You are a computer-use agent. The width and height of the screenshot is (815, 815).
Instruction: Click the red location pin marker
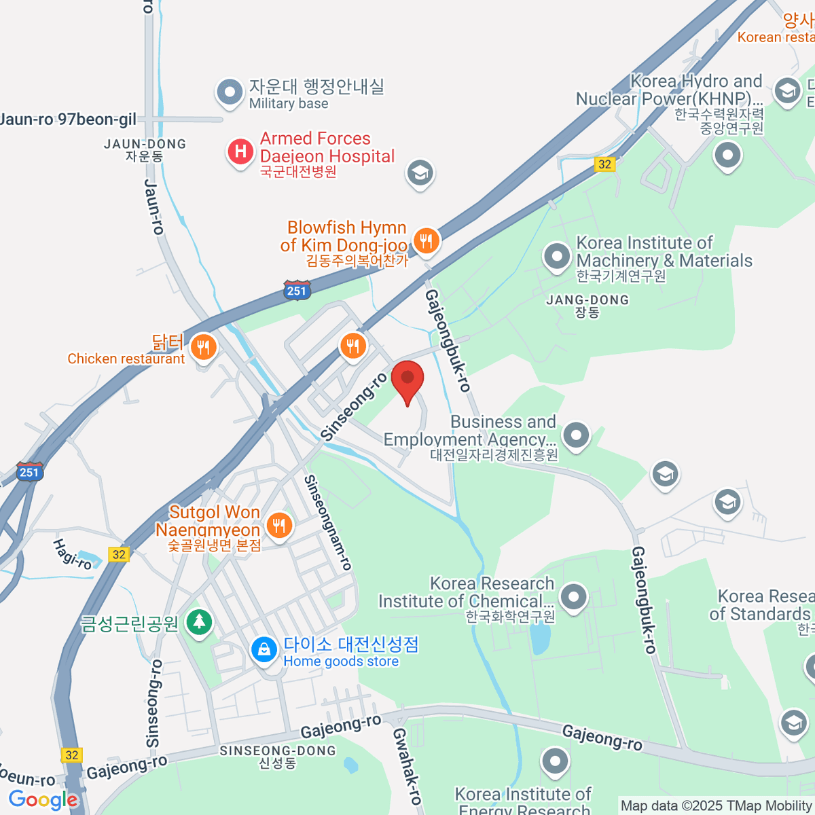point(407,380)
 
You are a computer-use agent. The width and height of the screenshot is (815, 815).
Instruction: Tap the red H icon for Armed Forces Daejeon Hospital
point(240,151)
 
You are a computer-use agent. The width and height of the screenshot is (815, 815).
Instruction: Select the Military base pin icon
point(230,92)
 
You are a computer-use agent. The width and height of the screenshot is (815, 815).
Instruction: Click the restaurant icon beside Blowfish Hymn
point(426,240)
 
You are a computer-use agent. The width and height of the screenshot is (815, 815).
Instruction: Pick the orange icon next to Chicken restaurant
point(203,348)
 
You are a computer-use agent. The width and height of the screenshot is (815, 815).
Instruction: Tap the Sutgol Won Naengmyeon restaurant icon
point(278,524)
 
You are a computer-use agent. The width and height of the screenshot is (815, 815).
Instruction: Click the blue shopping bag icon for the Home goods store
point(264,650)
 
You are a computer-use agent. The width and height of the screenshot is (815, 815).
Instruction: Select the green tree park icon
point(198,621)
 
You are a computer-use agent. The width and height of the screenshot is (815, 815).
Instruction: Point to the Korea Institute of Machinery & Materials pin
point(557,257)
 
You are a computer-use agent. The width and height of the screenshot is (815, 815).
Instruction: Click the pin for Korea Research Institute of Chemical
point(574,598)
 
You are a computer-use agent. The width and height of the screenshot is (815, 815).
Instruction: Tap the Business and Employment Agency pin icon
point(576,435)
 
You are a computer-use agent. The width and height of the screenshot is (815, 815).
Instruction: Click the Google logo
point(43,799)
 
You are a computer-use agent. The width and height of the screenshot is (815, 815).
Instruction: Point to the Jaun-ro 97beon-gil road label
point(68,120)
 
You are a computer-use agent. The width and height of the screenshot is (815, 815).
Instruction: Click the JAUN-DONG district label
point(145,144)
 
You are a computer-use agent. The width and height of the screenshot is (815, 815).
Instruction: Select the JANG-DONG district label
point(587,300)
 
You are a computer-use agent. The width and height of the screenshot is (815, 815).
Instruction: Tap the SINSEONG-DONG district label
point(278,750)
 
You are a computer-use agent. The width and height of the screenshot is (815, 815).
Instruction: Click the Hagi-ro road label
point(72,554)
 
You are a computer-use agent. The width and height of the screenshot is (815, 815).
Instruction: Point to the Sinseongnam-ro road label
point(328,522)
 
